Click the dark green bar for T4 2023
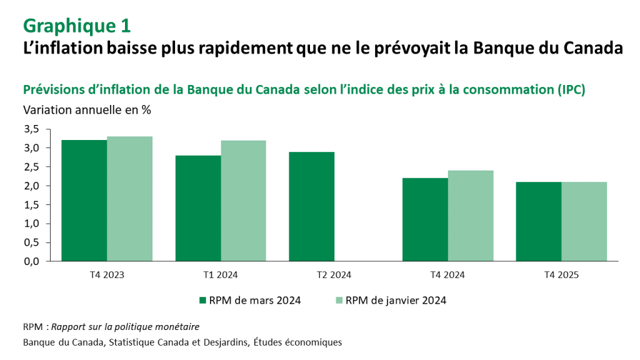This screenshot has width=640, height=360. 84,200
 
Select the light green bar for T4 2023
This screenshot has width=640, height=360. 129,198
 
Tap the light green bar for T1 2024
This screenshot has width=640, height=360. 243,200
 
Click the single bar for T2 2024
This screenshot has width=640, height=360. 312,206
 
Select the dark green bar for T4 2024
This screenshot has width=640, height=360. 426,219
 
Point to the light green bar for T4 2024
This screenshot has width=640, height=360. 471,216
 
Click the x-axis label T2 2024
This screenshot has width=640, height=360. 334,274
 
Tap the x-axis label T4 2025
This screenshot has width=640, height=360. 562,274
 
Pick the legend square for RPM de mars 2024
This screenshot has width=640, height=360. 202,301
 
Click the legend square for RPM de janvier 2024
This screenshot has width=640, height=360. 339,301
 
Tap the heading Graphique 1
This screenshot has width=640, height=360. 77,26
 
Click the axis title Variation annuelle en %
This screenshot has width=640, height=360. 87,109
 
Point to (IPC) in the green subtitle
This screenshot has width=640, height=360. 570,89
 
